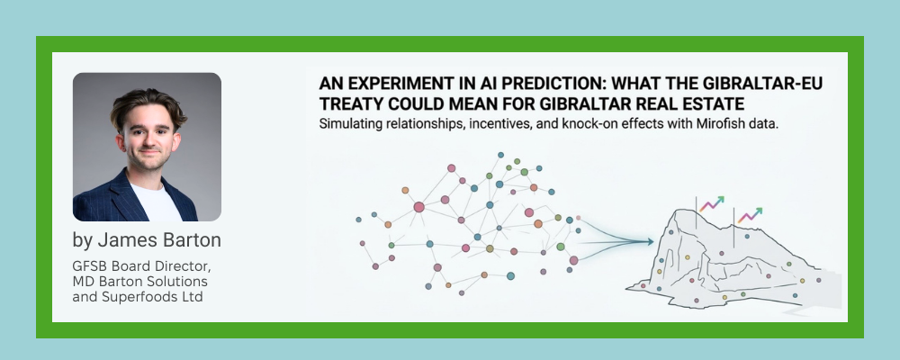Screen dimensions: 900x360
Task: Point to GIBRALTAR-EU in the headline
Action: pos(764,84)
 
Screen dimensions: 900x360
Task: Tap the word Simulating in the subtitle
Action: pos(347,124)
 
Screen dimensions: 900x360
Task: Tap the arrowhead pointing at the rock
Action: pos(650,242)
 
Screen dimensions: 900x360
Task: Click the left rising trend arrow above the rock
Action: pos(712,203)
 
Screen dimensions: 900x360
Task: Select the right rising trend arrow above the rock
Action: pos(751,215)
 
